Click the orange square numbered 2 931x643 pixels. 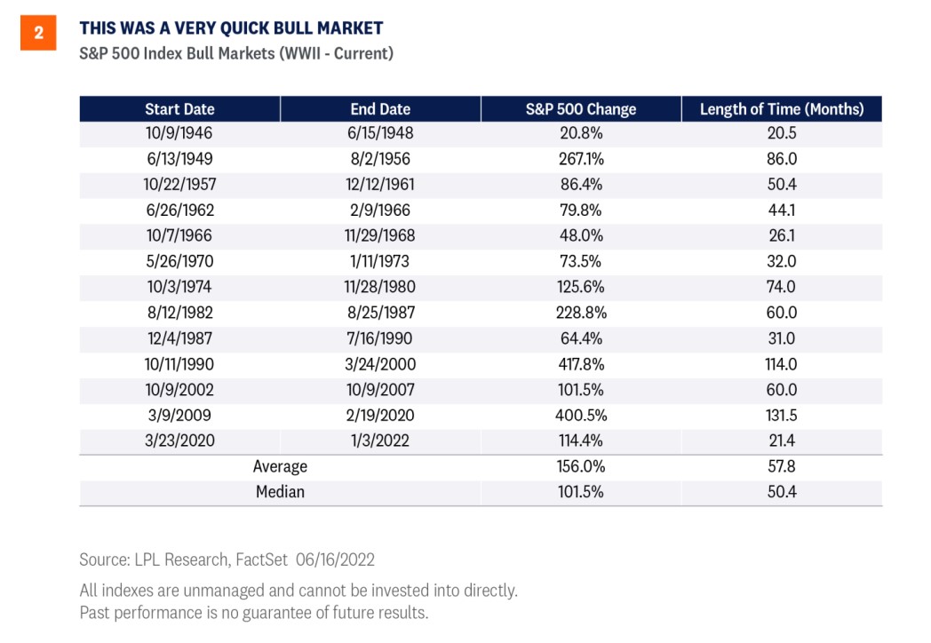(38, 33)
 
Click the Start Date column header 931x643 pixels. (180, 109)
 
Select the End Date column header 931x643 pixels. (380, 109)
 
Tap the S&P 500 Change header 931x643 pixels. (581, 109)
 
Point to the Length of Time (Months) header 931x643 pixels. (782, 109)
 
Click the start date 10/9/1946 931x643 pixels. (179, 133)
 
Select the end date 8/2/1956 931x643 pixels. (380, 159)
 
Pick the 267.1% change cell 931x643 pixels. (581, 159)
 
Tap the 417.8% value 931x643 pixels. (581, 364)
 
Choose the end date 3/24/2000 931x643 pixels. (380, 364)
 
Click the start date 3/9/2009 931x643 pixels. (179, 415)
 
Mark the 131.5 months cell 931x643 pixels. (782, 415)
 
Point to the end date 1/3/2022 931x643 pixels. (380, 441)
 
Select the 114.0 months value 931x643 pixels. (782, 364)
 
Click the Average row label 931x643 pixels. (280, 466)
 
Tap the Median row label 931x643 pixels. (280, 492)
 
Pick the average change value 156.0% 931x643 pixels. (581, 466)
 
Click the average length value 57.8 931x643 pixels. (782, 466)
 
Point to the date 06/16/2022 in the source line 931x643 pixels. (336, 560)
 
